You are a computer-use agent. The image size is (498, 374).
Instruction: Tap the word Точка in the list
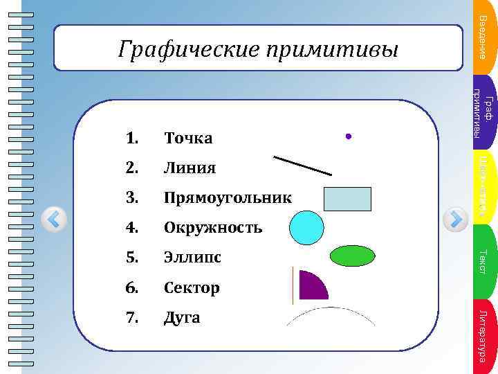[x=188, y=139]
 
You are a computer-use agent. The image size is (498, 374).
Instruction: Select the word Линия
[x=190, y=168]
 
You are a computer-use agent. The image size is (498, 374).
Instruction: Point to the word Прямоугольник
[x=228, y=198]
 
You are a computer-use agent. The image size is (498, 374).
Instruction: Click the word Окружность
[x=212, y=228]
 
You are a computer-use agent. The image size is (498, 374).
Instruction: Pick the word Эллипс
[x=192, y=258]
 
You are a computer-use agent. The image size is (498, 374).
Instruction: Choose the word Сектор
[x=192, y=287]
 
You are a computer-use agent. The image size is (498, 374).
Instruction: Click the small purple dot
[x=349, y=137]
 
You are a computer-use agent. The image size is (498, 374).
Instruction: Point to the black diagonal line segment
[x=303, y=166]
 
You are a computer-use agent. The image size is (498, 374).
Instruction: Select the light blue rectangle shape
[x=347, y=199]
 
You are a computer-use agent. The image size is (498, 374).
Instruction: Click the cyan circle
[x=306, y=228]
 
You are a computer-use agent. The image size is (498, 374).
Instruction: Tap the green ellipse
[x=352, y=256]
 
